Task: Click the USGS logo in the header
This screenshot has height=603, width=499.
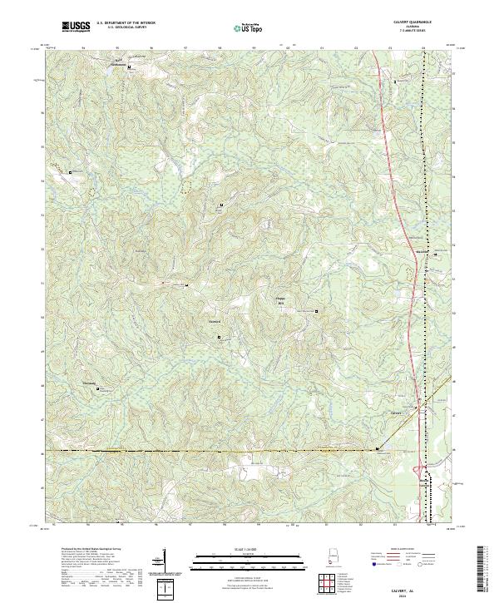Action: coord(76,27)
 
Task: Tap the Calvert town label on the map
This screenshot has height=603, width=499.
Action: coord(396,413)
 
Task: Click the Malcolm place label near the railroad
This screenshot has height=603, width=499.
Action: coord(422,252)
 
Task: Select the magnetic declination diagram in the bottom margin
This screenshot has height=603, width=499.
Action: coord(163,562)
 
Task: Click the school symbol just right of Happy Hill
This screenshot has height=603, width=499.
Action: coord(316,312)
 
